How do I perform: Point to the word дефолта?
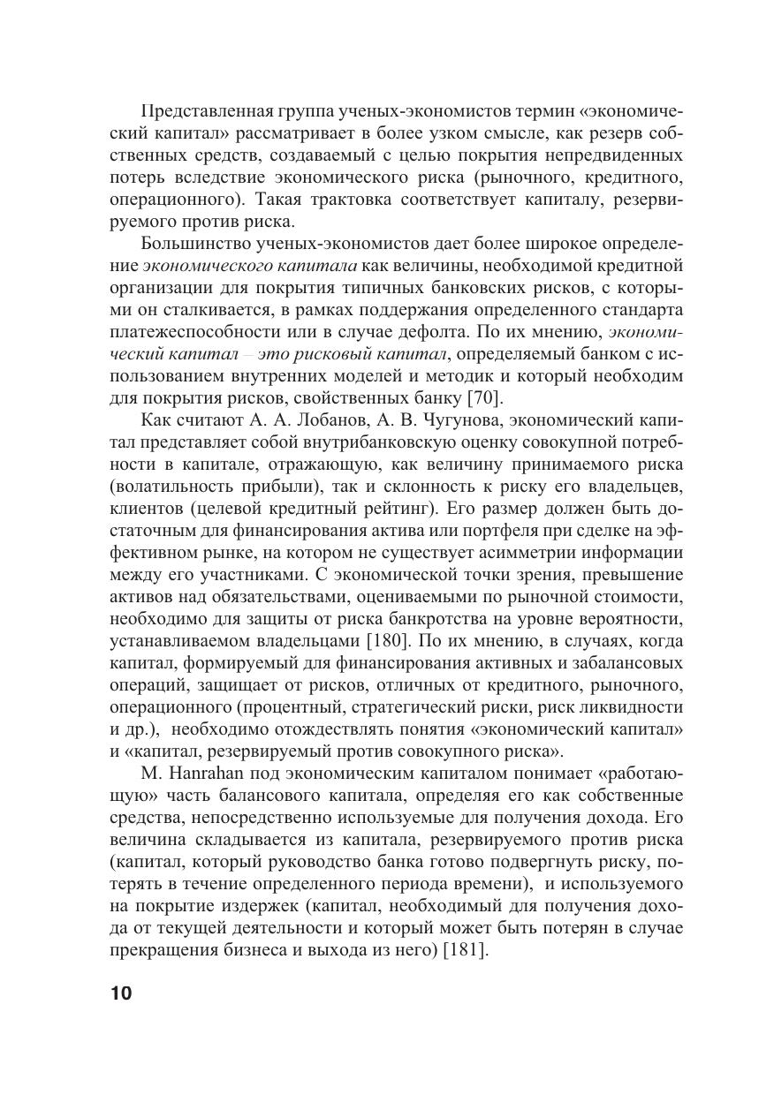coord(558,333)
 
